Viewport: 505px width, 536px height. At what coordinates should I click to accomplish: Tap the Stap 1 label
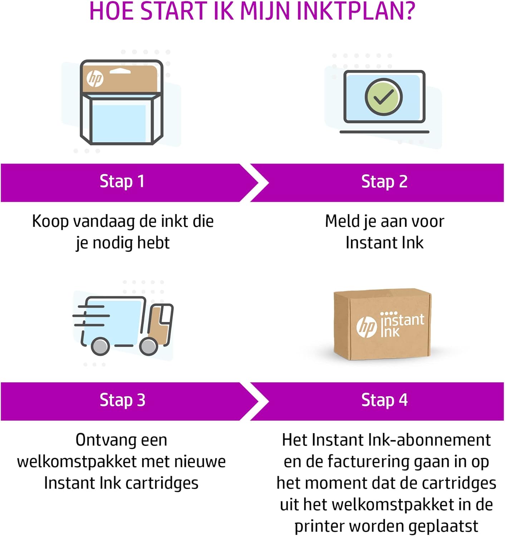122,182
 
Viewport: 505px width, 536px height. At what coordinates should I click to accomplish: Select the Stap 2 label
384,182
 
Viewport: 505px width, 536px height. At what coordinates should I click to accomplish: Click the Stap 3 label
122,400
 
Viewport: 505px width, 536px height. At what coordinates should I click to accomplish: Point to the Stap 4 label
384,400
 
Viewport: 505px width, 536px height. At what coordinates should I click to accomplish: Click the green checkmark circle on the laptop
383,96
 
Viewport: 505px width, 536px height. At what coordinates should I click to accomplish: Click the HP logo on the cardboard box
366,327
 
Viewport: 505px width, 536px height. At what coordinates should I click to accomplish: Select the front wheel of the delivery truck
148,346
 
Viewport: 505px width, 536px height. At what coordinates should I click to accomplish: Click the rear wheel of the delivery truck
100,346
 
